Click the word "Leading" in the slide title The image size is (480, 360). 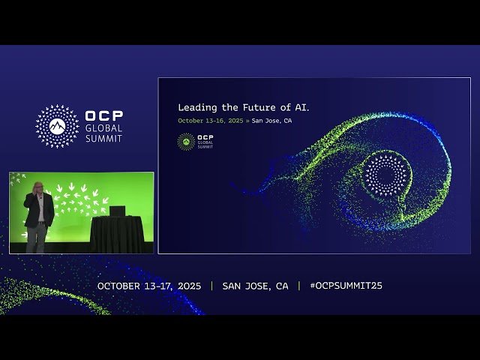(x=195, y=107)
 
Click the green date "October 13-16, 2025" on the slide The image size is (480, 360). (x=210, y=120)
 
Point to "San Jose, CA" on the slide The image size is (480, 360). (x=271, y=120)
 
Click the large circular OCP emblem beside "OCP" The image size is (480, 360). (x=57, y=125)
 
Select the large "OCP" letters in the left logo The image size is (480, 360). (x=104, y=116)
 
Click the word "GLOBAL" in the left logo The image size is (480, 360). (x=103, y=128)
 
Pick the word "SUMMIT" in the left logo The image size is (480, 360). (x=103, y=138)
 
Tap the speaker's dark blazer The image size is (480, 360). (x=38, y=210)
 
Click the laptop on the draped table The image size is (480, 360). (x=117, y=211)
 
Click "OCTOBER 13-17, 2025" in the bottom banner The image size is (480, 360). (x=149, y=286)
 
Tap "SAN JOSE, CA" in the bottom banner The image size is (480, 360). (x=255, y=286)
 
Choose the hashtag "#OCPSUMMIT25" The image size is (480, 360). (x=346, y=286)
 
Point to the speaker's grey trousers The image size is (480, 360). (x=36, y=238)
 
